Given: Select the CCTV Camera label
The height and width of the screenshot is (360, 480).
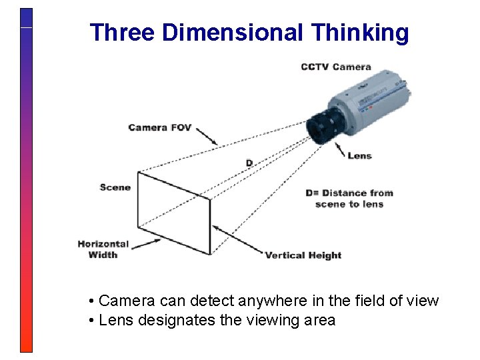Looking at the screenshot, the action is coord(335,67).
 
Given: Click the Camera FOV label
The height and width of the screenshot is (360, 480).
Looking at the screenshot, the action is coord(159,127).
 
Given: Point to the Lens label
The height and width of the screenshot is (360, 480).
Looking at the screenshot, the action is coord(359,156).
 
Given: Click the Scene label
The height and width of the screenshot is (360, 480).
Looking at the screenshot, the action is coord(115,187).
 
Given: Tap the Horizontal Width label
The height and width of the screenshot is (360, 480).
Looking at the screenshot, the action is coord(103,249).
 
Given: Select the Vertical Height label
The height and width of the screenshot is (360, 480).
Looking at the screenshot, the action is coord(303,255).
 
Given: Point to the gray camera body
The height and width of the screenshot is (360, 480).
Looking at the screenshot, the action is coord(377,100).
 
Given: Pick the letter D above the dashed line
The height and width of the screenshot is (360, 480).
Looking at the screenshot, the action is coord(249,163).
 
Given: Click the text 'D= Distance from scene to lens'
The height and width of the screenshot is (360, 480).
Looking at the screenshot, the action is coord(349,199).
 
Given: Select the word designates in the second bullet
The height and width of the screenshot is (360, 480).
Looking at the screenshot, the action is coord(177,321).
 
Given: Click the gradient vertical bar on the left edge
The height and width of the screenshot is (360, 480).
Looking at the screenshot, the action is coord(26,180).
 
